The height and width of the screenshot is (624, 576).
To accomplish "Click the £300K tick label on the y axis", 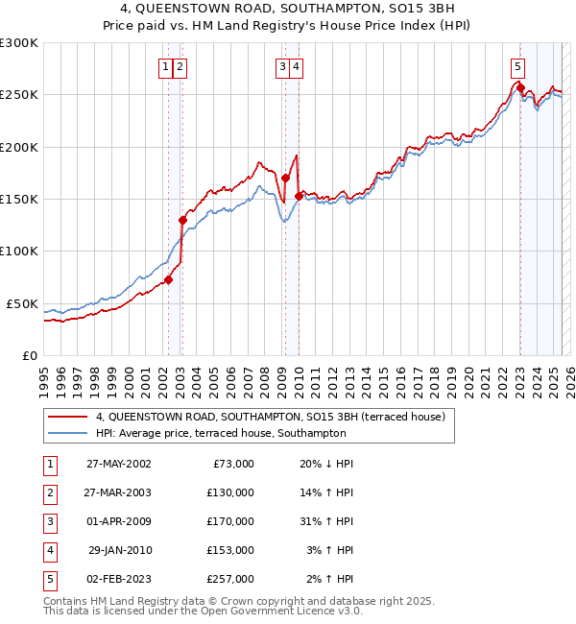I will pos(18,43).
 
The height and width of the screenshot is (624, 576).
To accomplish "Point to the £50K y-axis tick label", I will pos(22,303).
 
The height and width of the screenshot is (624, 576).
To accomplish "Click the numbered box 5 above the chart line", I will pos(517,66).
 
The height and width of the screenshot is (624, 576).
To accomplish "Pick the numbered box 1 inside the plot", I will pos(166,66).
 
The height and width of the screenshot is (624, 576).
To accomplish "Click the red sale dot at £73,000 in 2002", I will pos(168,279).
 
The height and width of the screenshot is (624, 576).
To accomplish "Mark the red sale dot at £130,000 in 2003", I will pos(181,220).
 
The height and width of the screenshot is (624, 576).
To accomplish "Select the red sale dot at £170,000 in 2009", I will pos(285,179).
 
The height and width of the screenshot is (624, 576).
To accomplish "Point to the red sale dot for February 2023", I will pos(520,88).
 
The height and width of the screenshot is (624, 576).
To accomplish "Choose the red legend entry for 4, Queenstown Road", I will pos(270,418).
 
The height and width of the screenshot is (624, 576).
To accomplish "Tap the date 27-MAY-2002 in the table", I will pos(118,464).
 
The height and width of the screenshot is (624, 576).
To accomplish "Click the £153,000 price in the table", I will pos(230,550).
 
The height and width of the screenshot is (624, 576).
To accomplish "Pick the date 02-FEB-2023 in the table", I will pos(118,579).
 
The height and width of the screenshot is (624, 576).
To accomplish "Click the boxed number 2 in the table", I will pos(48,492).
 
